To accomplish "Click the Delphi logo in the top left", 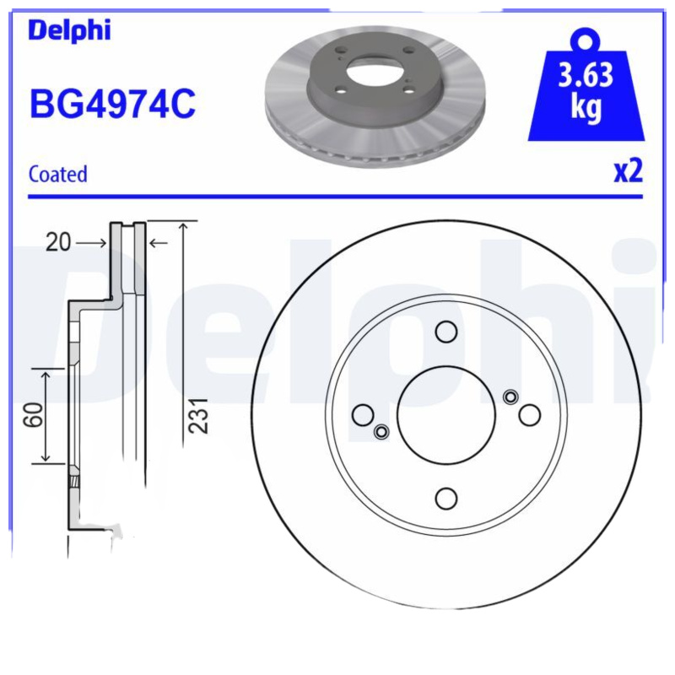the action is [x=69, y=30].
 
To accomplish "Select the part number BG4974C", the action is [x=112, y=103].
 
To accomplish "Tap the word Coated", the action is [x=57, y=175].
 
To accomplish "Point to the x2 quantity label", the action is [x=628, y=171].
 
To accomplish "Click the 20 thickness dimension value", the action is [x=58, y=242].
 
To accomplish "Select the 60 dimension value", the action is [x=34, y=414].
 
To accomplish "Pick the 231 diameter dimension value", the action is [x=199, y=415].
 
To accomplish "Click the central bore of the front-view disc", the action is [x=446, y=415].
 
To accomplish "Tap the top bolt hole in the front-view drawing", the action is [x=446, y=332].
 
